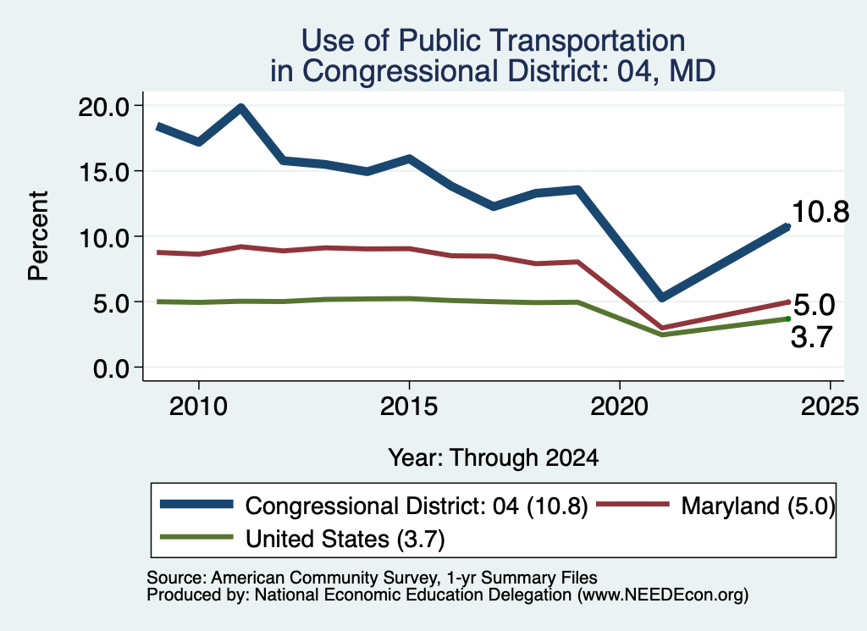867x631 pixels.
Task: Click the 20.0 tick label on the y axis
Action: coord(103,106)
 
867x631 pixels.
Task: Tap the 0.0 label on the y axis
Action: coord(111,368)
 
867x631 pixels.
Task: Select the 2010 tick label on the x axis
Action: coord(198,407)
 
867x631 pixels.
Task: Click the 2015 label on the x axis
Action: coord(409,407)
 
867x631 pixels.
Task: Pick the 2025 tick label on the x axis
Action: coord(830,407)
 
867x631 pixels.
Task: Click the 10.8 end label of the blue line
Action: coord(820,212)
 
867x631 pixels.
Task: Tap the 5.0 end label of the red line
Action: coord(814,305)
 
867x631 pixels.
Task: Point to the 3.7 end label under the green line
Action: coord(811,337)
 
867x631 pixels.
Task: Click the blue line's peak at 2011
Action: coord(241,108)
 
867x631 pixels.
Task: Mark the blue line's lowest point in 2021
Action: coord(662,297)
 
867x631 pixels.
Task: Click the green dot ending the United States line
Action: coord(788,318)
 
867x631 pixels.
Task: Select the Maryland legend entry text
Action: coord(758,506)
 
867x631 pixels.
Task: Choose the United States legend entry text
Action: coord(345,540)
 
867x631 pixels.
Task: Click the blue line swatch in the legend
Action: coord(196,504)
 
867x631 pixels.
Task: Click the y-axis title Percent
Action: coord(38,236)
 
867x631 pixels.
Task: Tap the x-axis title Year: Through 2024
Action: coord(494,458)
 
